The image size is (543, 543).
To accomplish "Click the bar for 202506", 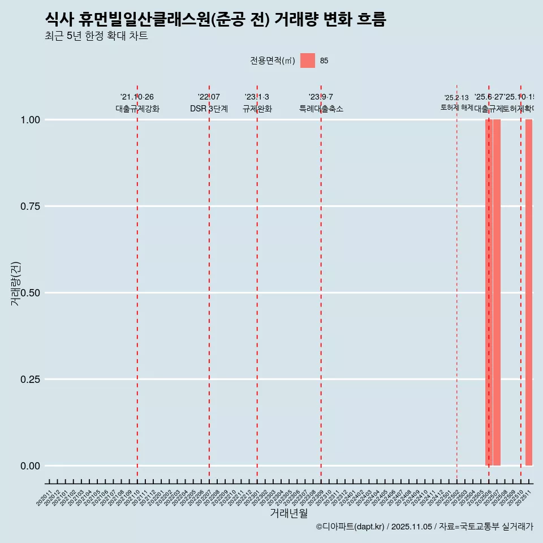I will [x=488, y=292].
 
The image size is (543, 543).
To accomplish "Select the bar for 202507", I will [x=497, y=292].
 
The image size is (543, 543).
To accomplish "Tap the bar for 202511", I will [x=529, y=292].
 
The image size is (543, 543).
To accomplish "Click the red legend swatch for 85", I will [x=308, y=61].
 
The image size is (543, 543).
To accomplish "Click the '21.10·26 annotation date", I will [x=137, y=97].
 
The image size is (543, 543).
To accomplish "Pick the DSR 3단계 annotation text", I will [x=209, y=109].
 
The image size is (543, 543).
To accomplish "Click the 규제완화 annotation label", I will [x=257, y=109].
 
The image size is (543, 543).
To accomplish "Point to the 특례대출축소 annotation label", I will [x=321, y=109].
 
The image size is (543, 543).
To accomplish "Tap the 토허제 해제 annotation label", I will [x=456, y=107].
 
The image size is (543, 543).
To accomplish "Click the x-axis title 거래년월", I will [x=289, y=514].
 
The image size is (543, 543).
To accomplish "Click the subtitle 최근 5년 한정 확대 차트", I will [x=96, y=36].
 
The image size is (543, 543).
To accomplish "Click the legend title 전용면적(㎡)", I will [x=273, y=61].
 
